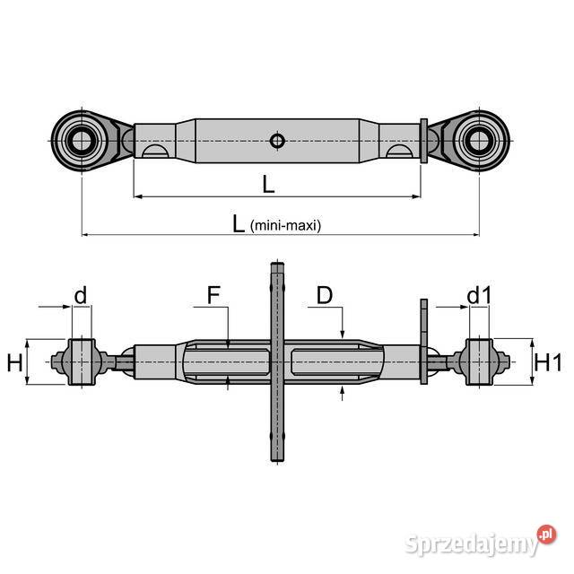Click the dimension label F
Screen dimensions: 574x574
213,295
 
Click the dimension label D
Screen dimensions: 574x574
324,295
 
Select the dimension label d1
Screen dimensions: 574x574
479,295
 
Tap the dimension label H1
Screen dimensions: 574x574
547,362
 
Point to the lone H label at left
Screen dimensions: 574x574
14,362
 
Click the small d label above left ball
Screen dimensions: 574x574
81,295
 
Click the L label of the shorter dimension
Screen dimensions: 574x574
268,184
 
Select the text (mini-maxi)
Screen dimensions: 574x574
285,226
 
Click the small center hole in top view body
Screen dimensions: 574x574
277,140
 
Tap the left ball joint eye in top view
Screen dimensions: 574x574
82,140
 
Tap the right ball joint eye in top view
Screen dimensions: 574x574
478,140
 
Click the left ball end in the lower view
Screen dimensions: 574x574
82,362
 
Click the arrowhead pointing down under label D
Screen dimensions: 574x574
342,333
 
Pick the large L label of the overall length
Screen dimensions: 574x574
239,224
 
